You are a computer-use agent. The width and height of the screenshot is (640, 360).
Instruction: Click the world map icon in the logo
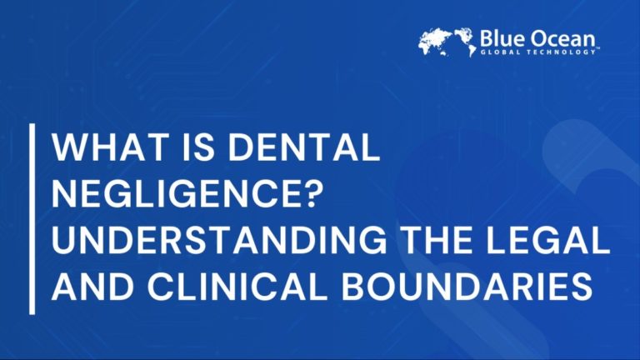(x=447, y=42)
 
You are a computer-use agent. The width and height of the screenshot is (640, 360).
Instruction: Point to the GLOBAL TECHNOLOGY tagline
(x=537, y=52)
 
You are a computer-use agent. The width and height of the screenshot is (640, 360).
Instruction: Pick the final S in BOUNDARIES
(x=582, y=288)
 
